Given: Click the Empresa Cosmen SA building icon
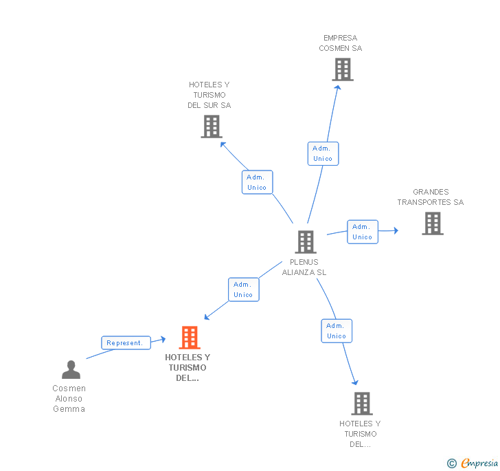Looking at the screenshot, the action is coord(342,69).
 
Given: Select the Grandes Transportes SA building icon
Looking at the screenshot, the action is coord(432,223).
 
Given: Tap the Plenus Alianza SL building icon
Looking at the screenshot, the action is coord(305,242).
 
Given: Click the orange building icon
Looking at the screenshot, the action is coord(189,338).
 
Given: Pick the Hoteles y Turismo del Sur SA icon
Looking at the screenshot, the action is coord(212,127).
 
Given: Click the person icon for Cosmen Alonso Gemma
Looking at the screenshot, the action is coord(71,370).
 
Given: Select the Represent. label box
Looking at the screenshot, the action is coord(126,342).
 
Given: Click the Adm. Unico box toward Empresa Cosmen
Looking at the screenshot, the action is coord(322,153).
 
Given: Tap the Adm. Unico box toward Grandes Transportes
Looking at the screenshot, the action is coord(362,232).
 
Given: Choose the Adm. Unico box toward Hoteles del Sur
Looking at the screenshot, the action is coord(257,182).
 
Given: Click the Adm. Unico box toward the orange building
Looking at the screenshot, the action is coord(243,289).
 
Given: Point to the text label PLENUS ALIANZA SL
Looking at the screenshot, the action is coord(304,267).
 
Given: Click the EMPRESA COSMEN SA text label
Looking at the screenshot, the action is coord(341,43).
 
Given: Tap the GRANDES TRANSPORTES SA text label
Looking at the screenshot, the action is coord(431,197).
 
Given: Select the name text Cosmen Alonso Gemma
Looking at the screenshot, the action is coord(69,398).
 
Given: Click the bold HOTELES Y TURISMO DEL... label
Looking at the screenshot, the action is coord(187,367).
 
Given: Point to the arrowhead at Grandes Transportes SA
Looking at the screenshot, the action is coord(395,230).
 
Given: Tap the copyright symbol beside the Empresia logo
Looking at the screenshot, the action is coord(452,463).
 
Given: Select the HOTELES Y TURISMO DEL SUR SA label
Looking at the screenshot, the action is coord(209,95).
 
